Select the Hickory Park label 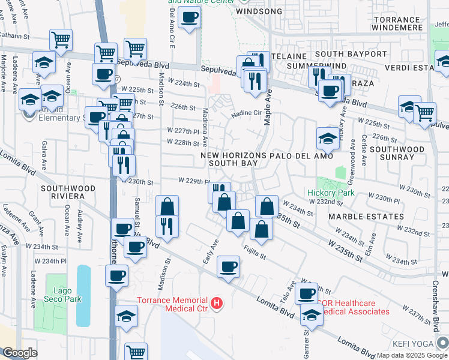(x=331, y=193)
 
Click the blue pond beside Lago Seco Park (x=84, y=295)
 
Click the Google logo (x=20, y=353)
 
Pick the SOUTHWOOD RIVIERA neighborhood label (x=68, y=193)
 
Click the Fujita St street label (x=255, y=251)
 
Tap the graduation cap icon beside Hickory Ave (x=328, y=138)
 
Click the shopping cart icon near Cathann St (x=61, y=40)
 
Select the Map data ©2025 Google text (x=412, y=355)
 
